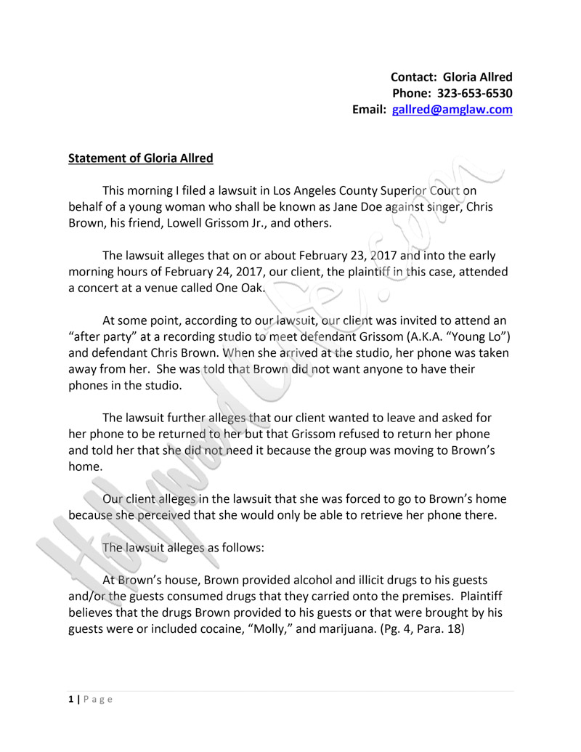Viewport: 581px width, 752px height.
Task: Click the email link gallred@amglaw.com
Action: [x=452, y=110]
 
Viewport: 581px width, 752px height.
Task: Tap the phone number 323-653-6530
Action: [x=475, y=93]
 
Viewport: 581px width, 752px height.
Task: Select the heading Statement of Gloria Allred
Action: [x=140, y=158]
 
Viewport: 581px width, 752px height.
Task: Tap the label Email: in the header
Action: [x=370, y=110]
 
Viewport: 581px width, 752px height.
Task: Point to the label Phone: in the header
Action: [x=412, y=93]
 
